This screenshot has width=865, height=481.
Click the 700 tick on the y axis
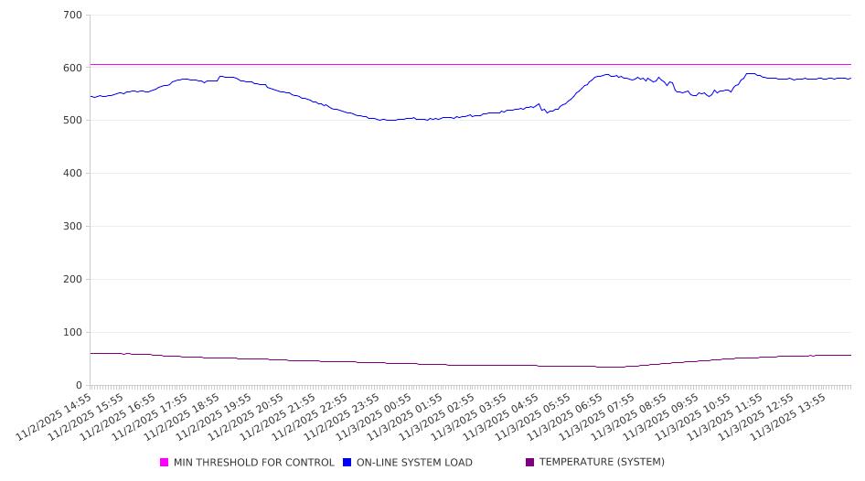[x=73, y=15]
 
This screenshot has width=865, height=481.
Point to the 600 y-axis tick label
[x=73, y=68]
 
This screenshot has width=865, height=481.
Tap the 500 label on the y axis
[x=73, y=121]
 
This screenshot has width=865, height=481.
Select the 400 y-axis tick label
[x=73, y=174]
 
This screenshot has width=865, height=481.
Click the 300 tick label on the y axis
[x=73, y=227]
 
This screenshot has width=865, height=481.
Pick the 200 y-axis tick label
[x=73, y=280]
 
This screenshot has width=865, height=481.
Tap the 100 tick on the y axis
[x=73, y=333]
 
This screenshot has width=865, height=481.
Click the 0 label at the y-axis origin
[x=80, y=386]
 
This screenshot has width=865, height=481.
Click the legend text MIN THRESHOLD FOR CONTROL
[x=253, y=463]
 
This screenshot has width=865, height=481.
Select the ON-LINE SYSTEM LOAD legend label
[x=414, y=463]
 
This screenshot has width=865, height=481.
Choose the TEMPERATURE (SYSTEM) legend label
[x=602, y=463]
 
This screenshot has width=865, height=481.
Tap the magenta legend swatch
[x=165, y=463]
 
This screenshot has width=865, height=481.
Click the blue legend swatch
[x=347, y=463]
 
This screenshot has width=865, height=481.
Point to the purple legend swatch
[x=530, y=463]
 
